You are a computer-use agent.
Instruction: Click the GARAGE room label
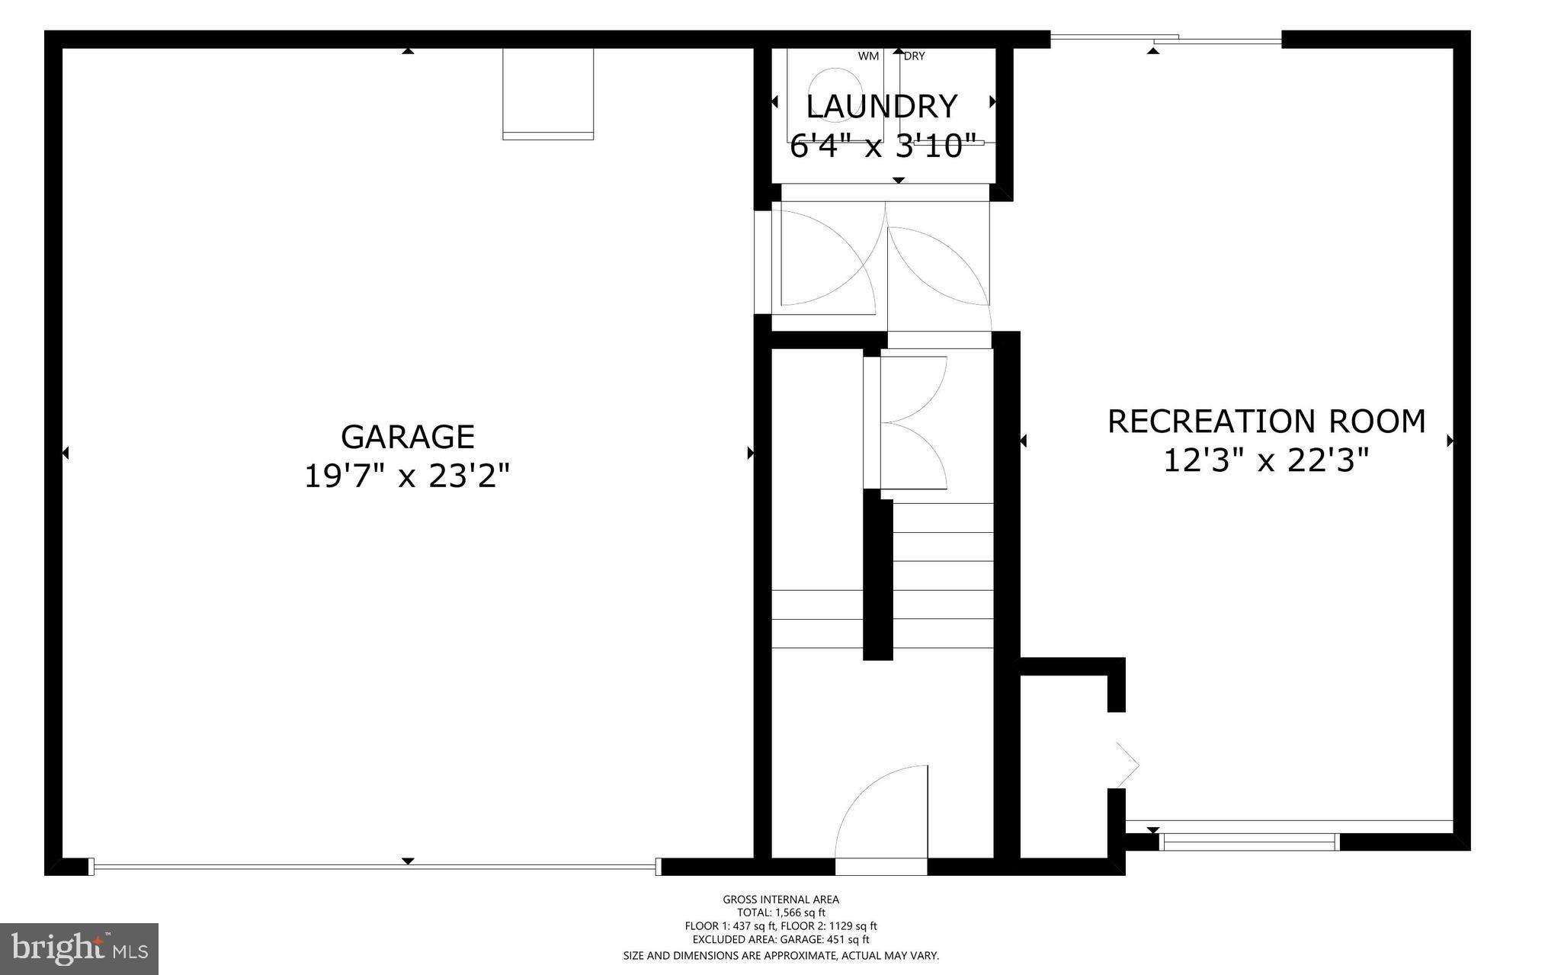407,437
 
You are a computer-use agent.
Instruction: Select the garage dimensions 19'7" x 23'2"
406,476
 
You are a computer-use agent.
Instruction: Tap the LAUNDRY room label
882,107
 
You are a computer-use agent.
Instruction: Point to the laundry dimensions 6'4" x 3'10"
883,146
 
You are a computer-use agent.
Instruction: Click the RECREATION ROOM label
1266,421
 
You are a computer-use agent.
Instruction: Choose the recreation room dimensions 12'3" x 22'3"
1266,460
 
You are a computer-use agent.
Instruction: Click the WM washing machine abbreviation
868,56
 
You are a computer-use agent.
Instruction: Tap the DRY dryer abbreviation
915,56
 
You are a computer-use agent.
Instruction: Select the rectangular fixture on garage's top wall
548,93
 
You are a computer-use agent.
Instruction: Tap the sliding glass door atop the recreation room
1166,38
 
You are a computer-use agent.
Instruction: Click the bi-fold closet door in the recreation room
1127,762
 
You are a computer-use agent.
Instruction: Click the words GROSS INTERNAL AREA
780,900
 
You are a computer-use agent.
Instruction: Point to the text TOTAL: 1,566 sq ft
780,912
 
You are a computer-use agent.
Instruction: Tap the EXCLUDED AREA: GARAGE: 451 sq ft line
780,940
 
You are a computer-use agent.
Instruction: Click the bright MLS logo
79,948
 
